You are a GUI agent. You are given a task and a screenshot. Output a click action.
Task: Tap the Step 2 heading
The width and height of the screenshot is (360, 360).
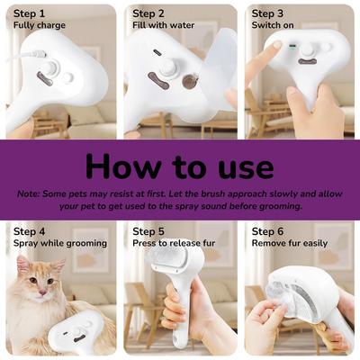click(148, 13)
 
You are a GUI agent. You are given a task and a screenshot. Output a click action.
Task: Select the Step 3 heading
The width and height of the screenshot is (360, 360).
click(267, 13)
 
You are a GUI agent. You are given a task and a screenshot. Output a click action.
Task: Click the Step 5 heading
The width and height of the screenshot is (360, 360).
click(148, 231)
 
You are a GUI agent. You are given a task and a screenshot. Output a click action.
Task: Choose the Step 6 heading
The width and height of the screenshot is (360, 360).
click(267, 231)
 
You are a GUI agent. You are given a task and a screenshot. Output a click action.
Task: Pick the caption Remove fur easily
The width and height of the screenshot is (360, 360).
click(288, 243)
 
